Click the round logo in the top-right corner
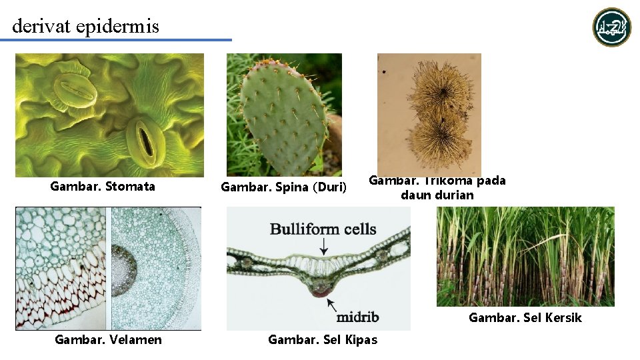click(x=612, y=27)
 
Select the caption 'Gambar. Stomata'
click(x=103, y=186)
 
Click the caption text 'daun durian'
click(x=437, y=195)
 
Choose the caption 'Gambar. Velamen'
click(x=108, y=340)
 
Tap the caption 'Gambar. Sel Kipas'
click(x=323, y=340)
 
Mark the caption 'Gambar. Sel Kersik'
click(x=525, y=318)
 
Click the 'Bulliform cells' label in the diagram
click(x=323, y=230)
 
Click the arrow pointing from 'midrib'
click(x=331, y=305)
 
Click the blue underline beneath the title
click(x=116, y=40)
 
